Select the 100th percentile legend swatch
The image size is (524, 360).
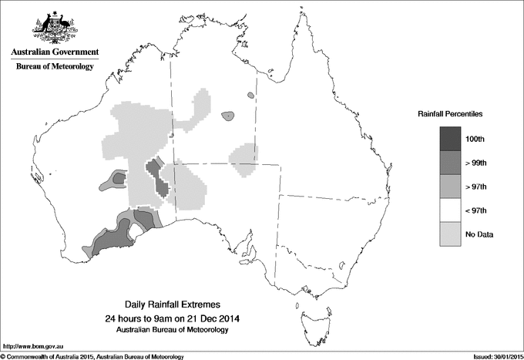(451, 139)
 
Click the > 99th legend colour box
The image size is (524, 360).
(451, 163)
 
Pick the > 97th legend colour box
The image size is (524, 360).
(451, 187)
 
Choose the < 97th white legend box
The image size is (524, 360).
(451, 210)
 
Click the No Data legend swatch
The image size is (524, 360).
(451, 234)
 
